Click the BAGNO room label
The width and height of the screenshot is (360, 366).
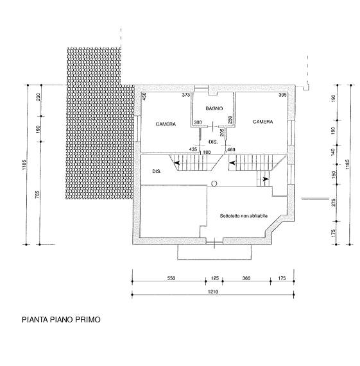click(214, 108)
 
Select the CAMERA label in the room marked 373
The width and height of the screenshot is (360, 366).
click(166, 124)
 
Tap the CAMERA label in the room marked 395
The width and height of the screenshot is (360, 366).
click(263, 122)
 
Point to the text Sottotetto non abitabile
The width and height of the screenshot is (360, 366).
click(243, 216)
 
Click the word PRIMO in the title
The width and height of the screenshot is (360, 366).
click(88, 320)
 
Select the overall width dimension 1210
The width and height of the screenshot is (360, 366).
click(213, 292)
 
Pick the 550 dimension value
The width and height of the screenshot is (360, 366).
click(171, 278)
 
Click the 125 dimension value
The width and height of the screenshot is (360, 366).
click(215, 278)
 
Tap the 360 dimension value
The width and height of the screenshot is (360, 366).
click(246, 278)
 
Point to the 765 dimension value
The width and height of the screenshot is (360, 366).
click(37, 195)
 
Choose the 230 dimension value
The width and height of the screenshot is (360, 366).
click(39, 97)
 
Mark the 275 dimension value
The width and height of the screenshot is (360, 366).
click(333, 203)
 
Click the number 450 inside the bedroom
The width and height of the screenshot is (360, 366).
click(144, 96)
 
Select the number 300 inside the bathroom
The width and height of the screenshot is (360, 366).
click(198, 122)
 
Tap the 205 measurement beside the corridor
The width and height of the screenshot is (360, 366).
click(222, 132)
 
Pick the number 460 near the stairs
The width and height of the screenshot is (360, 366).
click(231, 149)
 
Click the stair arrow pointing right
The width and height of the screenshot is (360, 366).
click(266, 179)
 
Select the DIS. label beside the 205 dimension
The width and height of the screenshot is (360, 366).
click(213, 142)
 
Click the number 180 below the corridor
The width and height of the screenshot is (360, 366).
click(207, 153)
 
